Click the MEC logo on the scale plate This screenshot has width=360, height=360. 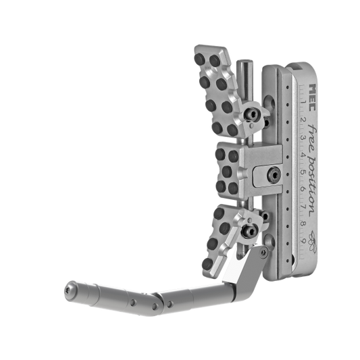click(x=313, y=97)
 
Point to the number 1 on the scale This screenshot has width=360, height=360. click(x=304, y=102)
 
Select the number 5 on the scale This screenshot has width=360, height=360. click(x=303, y=172)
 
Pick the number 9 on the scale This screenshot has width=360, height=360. click(x=303, y=241)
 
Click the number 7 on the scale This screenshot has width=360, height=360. click(x=303, y=207)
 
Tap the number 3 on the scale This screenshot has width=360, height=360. click(x=303, y=138)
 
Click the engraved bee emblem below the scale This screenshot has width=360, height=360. click(x=312, y=241)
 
